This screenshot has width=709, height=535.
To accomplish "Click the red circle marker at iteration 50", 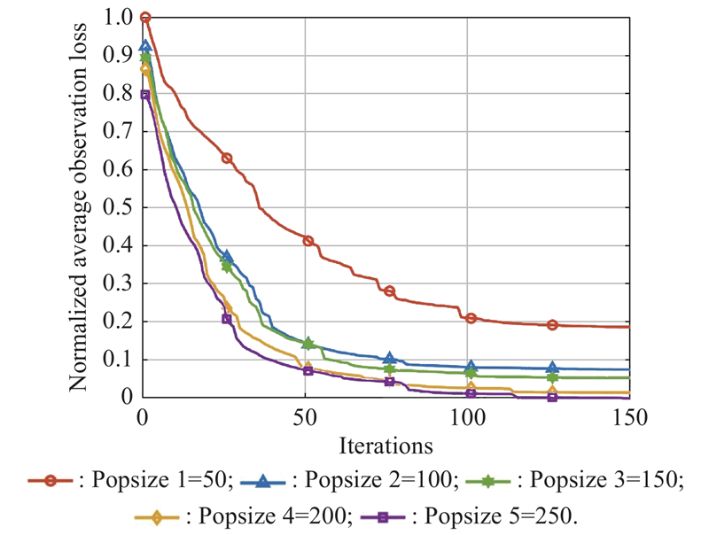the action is click(308, 241).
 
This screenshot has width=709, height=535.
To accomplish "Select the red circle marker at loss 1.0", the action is click(145, 18).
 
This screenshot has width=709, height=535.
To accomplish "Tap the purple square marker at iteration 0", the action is click(144, 95).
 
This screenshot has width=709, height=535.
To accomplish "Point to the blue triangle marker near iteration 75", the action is click(390, 359).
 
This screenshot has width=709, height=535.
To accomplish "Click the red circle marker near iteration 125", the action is click(552, 325).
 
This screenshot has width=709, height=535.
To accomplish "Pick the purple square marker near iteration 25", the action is click(227, 319).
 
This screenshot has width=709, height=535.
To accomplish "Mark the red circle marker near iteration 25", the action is click(227, 159).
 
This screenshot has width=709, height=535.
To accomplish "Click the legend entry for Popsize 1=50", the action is click(130, 480).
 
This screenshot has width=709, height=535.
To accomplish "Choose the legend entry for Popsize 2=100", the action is click(349, 480).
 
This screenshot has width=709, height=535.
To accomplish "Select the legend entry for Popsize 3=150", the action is click(574, 480).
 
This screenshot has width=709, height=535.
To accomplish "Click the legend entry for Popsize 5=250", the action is click(470, 516).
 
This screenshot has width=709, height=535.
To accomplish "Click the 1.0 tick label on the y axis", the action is click(118, 18).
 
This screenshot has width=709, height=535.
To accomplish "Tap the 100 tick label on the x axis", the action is click(467, 417).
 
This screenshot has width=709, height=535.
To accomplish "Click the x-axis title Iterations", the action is click(386, 446).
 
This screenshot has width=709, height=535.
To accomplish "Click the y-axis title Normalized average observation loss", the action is click(78, 207).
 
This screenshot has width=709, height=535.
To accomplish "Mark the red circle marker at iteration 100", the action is click(471, 318).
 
